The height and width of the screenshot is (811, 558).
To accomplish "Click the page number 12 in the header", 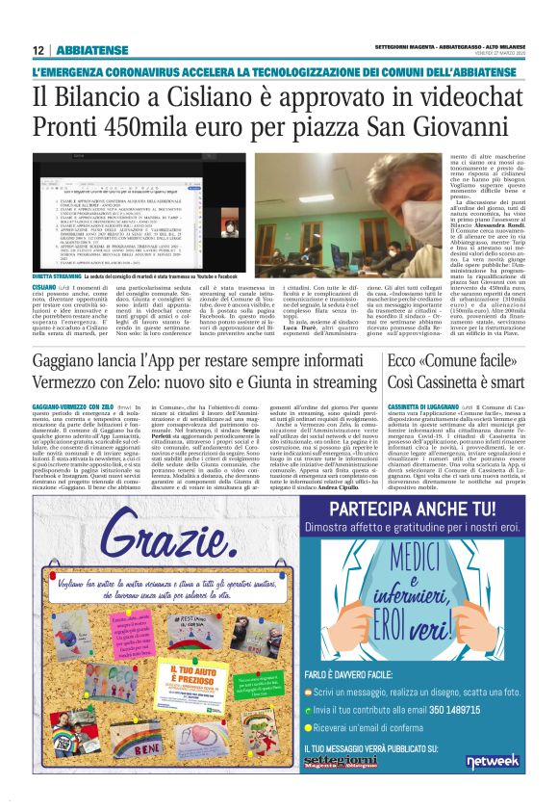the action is pyautogui.click(x=37, y=50).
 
